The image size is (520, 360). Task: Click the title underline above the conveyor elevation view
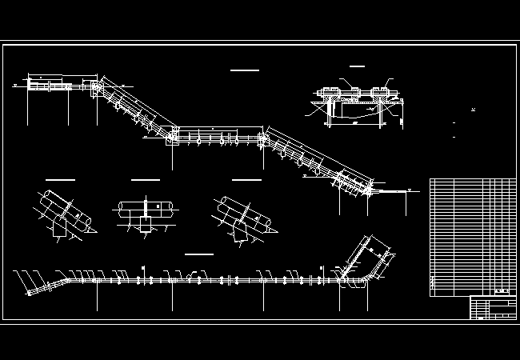click(244, 70)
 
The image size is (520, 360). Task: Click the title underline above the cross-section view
click(357, 66)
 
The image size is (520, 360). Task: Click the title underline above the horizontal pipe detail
click(145, 180)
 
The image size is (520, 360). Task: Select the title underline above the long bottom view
click(198, 254)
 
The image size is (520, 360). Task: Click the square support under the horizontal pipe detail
click(146, 225)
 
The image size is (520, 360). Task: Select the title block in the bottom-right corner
click(492, 308)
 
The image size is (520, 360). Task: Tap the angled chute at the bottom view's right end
click(370, 257)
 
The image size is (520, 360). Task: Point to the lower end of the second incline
click(370, 190)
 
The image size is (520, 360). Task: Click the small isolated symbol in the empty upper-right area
click(473, 110)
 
